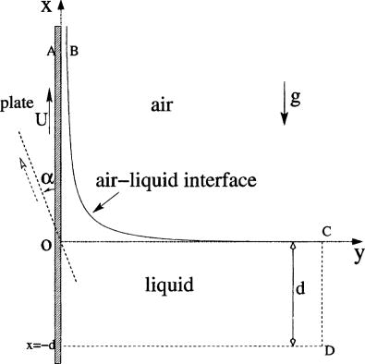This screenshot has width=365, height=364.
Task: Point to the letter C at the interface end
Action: pyautogui.click(x=327, y=230)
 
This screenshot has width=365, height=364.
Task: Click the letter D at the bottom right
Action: pyautogui.click(x=331, y=351)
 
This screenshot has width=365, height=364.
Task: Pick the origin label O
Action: pyautogui.click(x=46, y=247)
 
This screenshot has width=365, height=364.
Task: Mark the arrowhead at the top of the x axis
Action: pyautogui.click(x=61, y=6)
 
